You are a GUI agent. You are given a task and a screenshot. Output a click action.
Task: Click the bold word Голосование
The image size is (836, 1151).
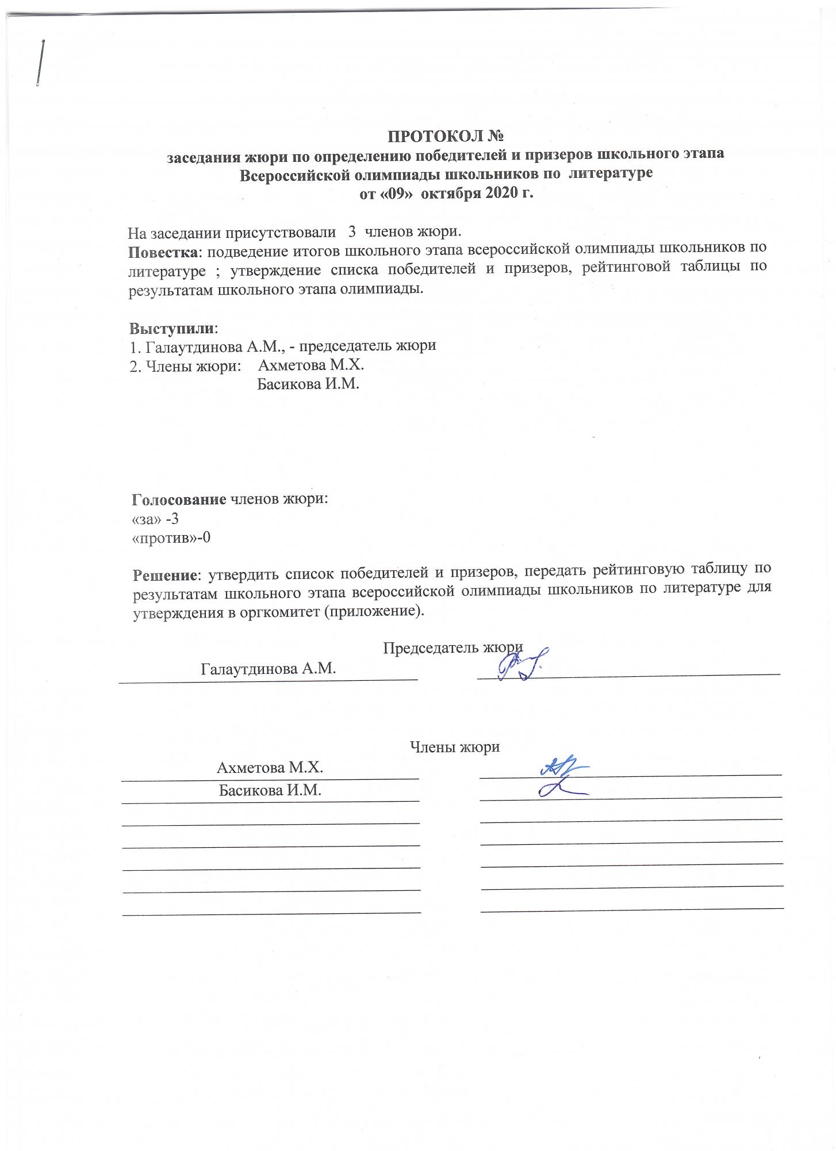179,498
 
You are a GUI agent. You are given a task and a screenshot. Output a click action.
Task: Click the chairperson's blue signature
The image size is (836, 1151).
520,664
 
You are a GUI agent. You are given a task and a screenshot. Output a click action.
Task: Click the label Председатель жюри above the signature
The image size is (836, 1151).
452,648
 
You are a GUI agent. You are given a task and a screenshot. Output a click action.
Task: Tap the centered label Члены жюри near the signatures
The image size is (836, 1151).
454,747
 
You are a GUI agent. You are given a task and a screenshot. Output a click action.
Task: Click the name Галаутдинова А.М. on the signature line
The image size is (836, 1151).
268,669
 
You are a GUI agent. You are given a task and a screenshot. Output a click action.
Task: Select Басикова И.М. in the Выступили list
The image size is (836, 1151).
308,384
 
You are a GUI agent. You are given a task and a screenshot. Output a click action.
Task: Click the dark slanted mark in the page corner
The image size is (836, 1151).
41,63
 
